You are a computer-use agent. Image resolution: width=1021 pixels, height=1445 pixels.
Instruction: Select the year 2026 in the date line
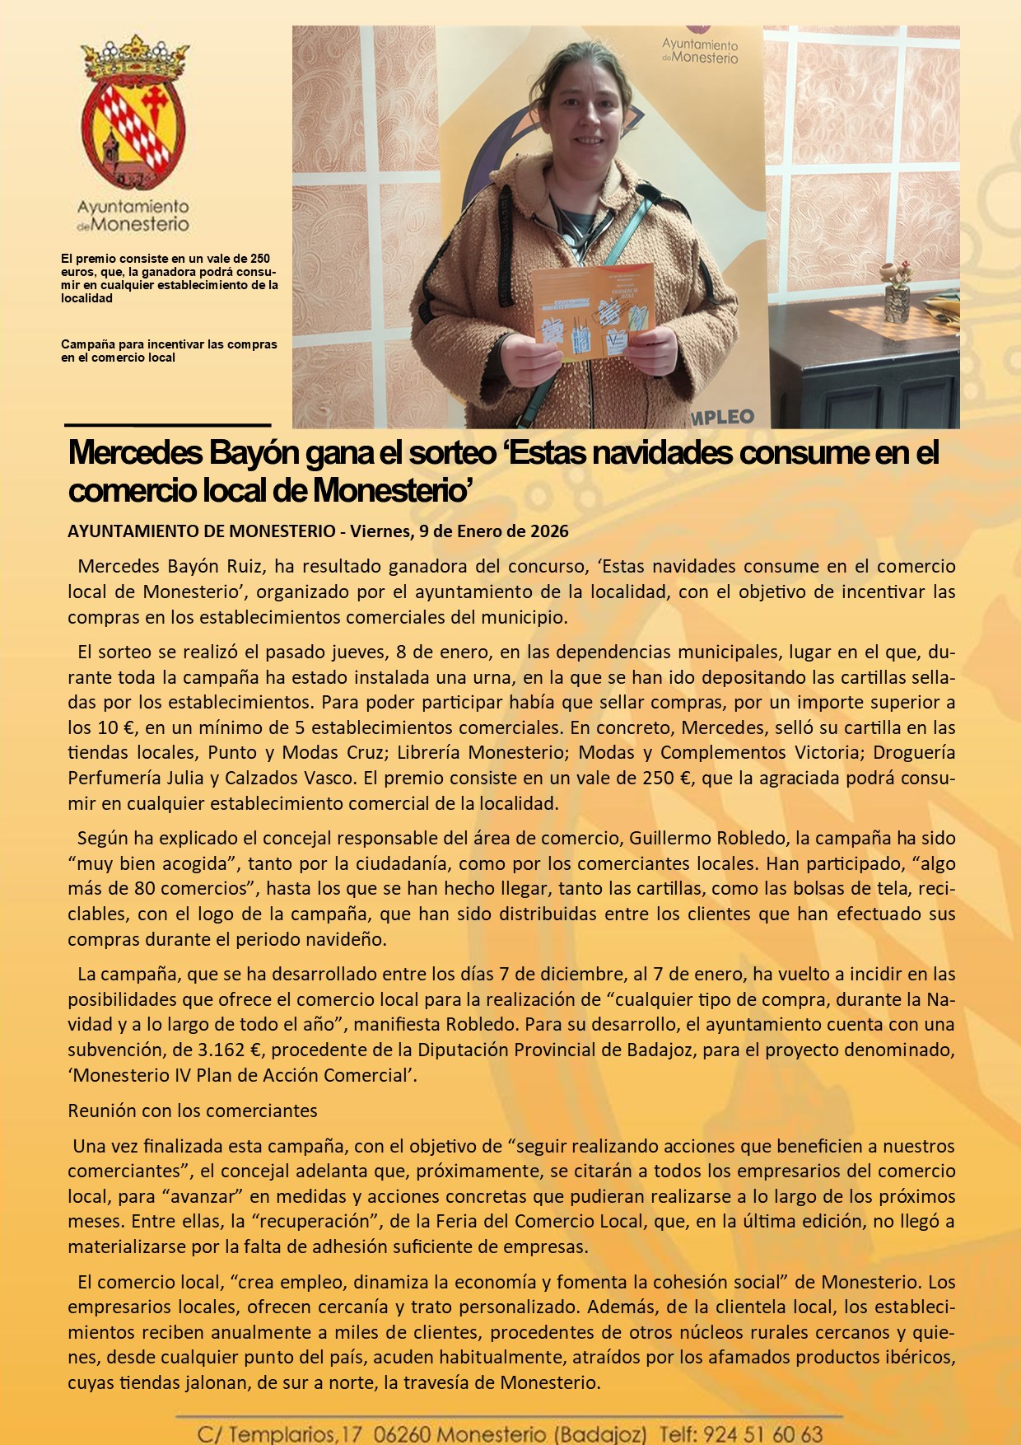[x=549, y=531]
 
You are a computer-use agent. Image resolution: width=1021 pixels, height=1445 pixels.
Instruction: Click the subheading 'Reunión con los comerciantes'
[x=192, y=1111]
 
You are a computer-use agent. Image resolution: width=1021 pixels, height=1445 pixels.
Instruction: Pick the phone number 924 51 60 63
[x=763, y=1434]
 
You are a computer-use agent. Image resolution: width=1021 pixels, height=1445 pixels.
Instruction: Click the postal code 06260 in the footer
[x=400, y=1434]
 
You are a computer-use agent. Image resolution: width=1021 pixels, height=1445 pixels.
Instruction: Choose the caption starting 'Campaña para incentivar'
[x=169, y=351]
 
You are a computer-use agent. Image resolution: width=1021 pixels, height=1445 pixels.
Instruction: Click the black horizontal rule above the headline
[x=167, y=425]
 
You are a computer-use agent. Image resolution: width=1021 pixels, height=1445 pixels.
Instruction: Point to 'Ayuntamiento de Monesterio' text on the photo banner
[x=700, y=51]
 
